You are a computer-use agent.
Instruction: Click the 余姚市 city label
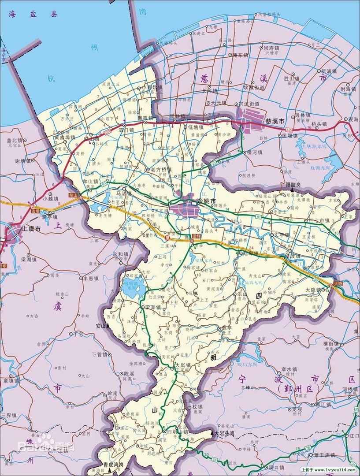coord(207,201)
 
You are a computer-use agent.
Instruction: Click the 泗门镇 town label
coord(126,130)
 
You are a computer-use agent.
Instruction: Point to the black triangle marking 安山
coord(107,326)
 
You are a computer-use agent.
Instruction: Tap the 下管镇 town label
coord(99,354)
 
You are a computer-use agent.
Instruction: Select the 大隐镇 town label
coord(313,290)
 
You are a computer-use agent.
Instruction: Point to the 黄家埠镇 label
coord(65,137)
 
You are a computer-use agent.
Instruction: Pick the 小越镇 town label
coord(51,198)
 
